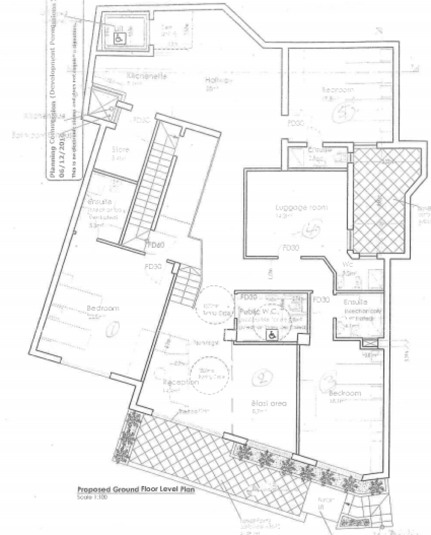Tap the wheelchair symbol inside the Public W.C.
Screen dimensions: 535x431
[271, 335]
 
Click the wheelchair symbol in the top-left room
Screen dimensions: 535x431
[119, 37]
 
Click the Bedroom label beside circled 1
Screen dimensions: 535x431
[103, 308]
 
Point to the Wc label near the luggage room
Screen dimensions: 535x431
[348, 265]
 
